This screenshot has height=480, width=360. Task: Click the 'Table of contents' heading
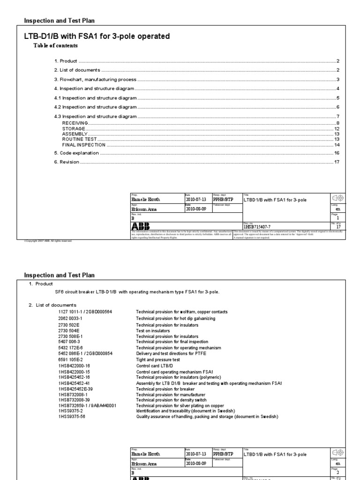click(55, 45)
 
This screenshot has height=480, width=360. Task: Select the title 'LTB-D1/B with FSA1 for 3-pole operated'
click(97, 36)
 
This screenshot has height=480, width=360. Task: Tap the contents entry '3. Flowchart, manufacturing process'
click(95, 79)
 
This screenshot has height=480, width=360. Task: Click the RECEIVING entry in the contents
click(75, 123)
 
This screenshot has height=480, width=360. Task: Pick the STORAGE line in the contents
click(74, 128)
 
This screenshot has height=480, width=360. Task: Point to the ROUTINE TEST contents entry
click(79, 139)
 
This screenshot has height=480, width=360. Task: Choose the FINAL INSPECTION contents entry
click(83, 145)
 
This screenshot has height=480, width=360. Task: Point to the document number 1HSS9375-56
click(74, 416)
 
